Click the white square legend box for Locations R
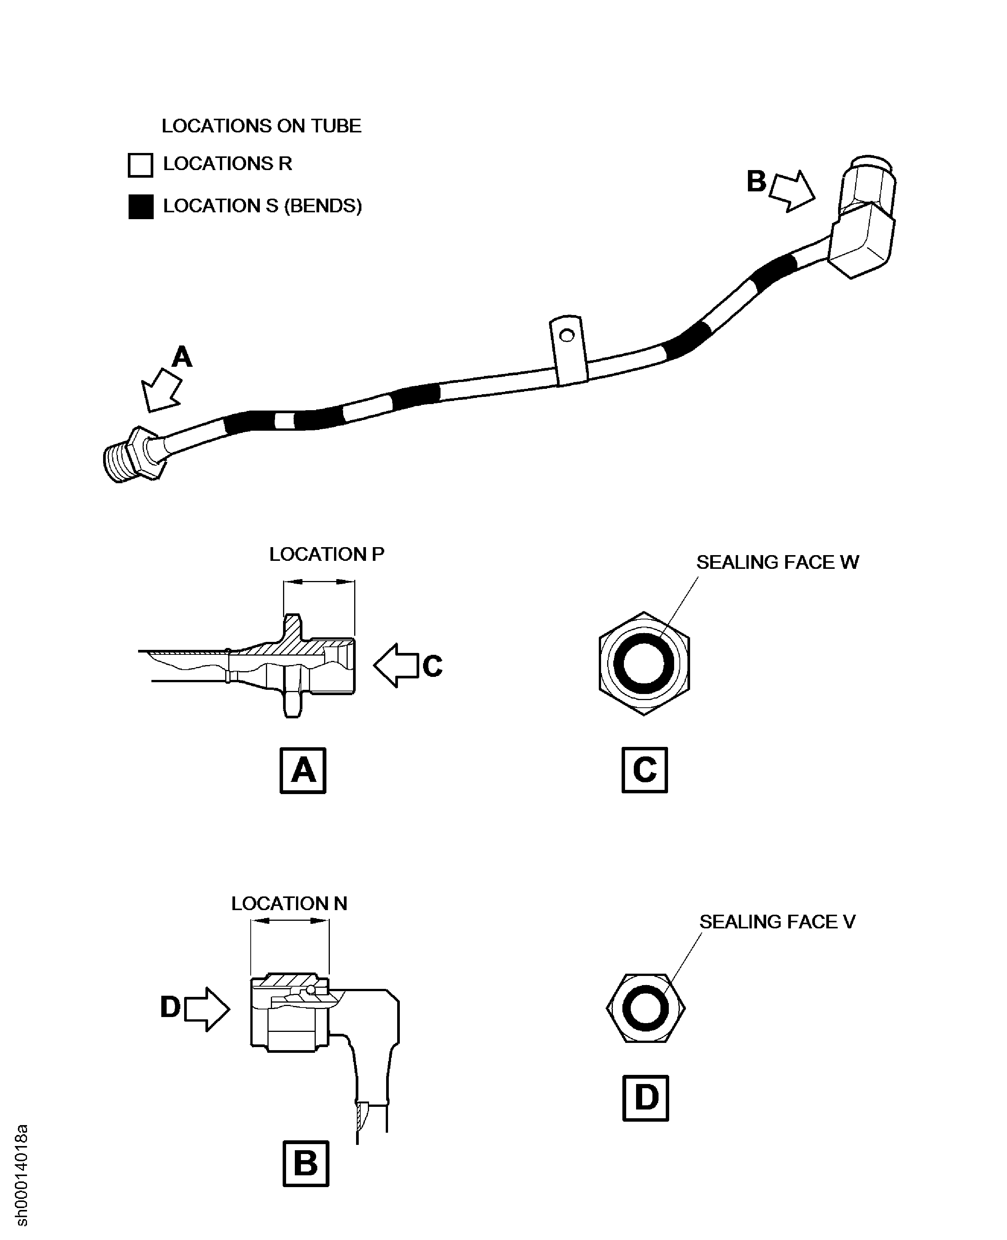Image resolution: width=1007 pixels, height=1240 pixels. click(x=140, y=165)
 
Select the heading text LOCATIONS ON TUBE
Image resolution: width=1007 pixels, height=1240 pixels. click(x=261, y=126)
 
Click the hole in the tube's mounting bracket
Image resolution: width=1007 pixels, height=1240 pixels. click(x=567, y=335)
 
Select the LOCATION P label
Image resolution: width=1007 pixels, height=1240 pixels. click(x=326, y=554)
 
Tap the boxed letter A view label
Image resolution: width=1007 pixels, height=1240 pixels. click(x=303, y=770)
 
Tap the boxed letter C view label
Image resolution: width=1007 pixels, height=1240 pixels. click(x=644, y=770)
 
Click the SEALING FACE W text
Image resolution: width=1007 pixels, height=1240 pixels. click(x=777, y=562)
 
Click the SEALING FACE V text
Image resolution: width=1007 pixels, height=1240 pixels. click(x=777, y=922)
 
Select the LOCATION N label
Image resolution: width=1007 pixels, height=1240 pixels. click(x=289, y=903)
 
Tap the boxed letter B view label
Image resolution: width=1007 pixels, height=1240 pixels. click(x=306, y=1164)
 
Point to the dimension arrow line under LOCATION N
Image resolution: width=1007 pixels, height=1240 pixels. click(x=290, y=921)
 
